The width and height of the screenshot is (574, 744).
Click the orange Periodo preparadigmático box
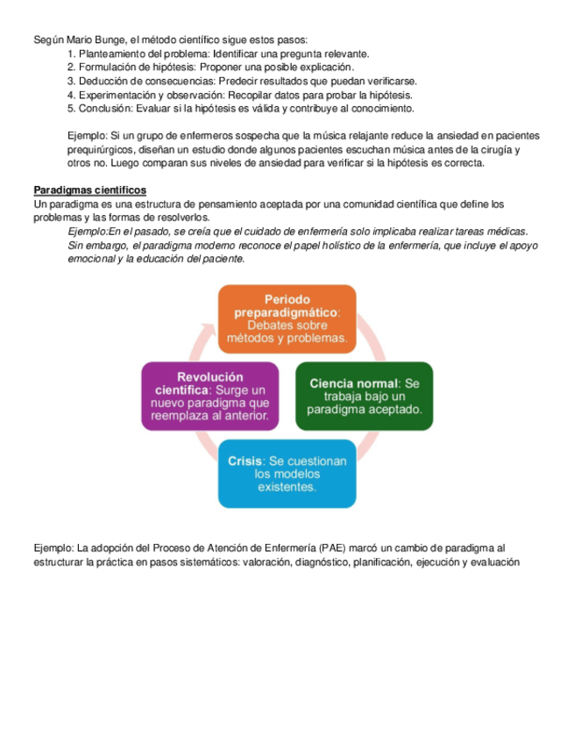287,314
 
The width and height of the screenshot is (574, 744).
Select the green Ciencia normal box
364,396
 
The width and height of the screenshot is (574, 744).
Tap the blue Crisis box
287,473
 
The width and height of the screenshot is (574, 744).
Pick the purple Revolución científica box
210,396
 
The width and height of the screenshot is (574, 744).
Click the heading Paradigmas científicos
89,190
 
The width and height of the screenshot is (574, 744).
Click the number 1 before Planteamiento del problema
70,54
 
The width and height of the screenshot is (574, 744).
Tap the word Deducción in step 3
104,81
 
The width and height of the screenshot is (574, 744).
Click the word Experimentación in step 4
117,95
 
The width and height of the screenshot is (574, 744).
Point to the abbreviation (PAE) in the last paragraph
337,548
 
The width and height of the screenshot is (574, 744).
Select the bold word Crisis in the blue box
245,461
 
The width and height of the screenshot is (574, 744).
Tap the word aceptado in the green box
396,409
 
